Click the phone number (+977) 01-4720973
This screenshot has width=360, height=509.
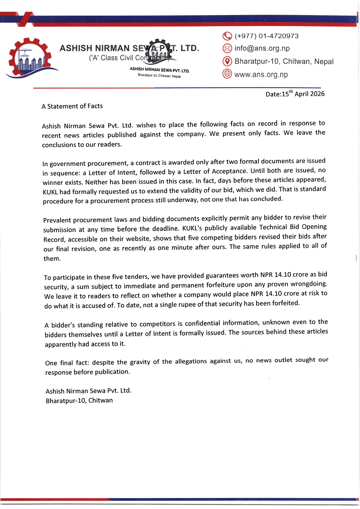[266, 36]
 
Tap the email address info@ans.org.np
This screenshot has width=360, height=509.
[262, 48]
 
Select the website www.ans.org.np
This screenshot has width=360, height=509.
[261, 75]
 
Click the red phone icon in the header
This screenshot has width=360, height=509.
[227, 36]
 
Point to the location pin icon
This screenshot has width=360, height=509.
[227, 61]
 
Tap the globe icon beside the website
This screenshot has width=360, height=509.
[227, 74]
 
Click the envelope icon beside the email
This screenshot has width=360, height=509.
[227, 48]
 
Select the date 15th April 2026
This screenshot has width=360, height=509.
[303, 94]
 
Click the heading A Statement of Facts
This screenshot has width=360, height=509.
[72, 106]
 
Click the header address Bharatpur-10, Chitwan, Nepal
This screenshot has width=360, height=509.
[284, 61]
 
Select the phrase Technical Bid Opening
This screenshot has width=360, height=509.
[293, 227]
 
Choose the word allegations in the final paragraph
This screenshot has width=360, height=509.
[191, 361]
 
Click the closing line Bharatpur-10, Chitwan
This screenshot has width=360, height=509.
[79, 401]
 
